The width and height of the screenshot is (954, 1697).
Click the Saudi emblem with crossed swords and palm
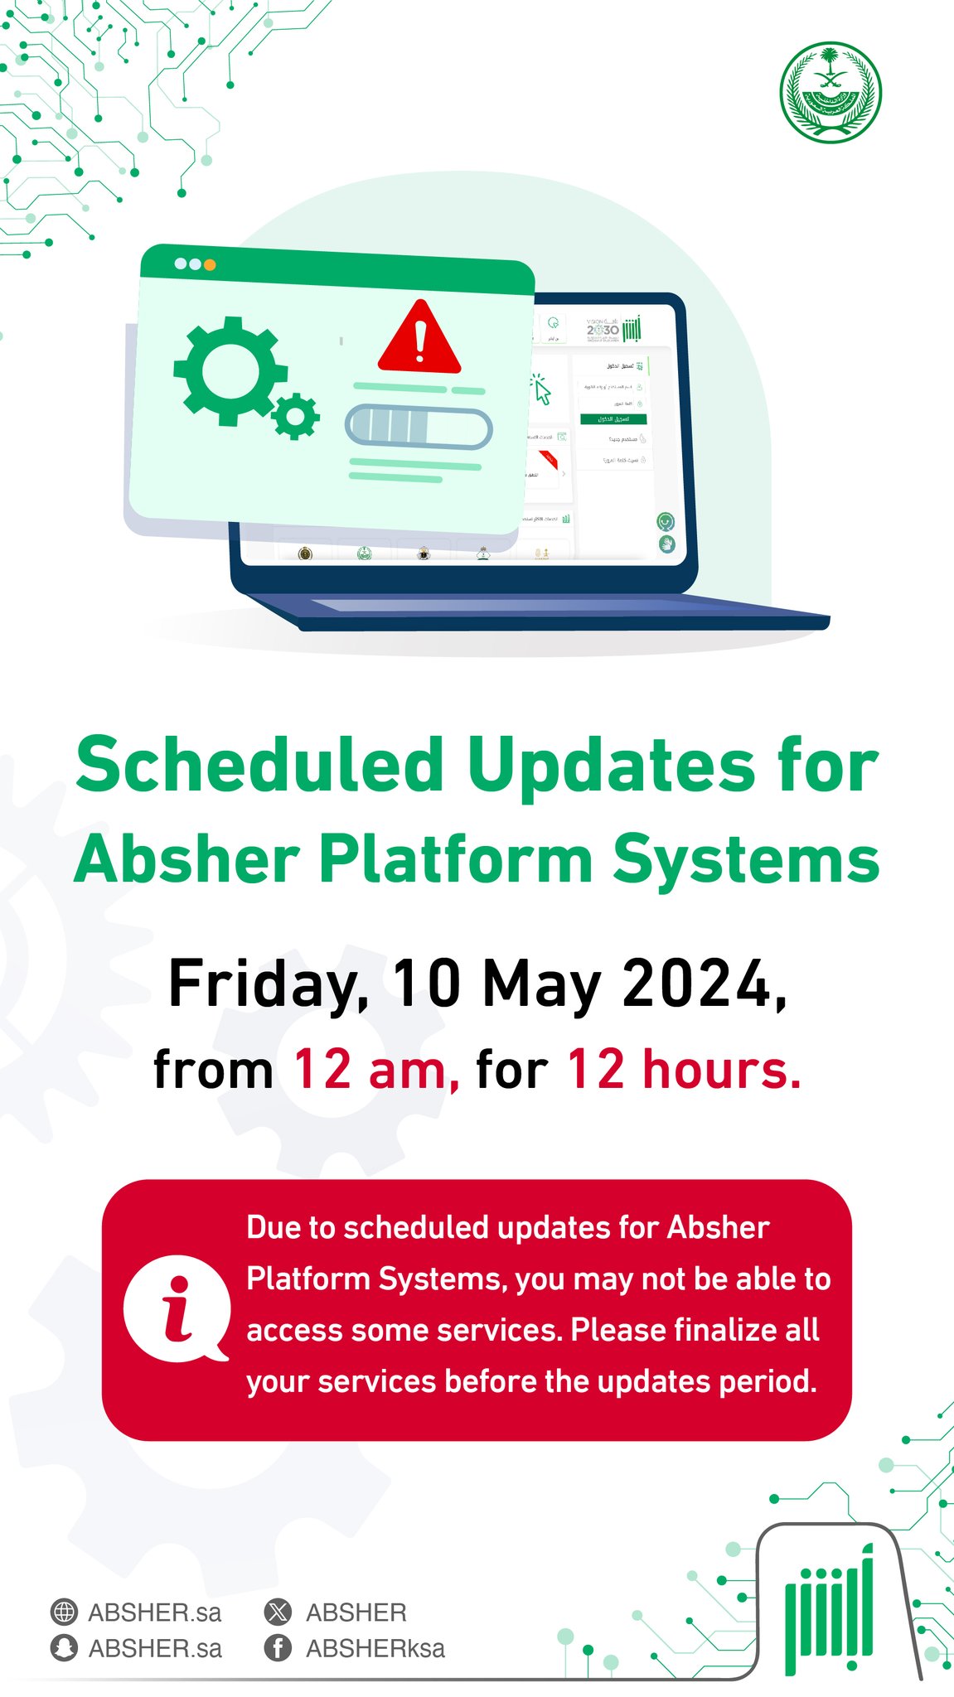(830, 93)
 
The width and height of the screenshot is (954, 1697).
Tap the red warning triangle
(419, 338)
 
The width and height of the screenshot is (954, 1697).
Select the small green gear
(295, 417)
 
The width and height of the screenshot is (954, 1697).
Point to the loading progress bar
(419, 427)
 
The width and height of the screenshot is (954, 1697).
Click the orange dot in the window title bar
(210, 265)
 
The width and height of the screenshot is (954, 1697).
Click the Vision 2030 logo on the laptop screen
(603, 329)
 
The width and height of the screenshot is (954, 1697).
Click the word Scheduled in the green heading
(260, 765)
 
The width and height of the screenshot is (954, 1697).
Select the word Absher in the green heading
(186, 859)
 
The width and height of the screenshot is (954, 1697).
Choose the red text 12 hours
(684, 1070)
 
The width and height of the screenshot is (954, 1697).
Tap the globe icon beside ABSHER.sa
(64, 1612)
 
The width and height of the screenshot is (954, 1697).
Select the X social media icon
(278, 1612)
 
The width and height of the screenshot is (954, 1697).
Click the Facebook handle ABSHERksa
(375, 1648)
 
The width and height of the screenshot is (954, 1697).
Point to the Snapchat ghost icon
(64, 1648)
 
